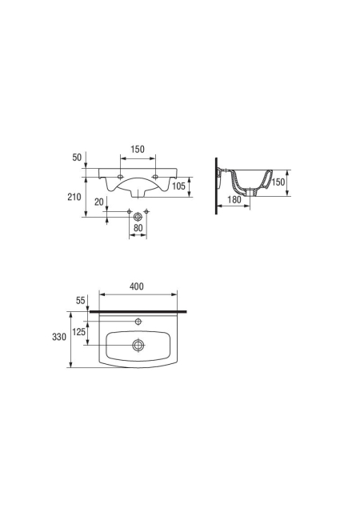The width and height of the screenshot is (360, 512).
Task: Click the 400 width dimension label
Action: (137, 286)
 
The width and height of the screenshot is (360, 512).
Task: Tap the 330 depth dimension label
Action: (59, 337)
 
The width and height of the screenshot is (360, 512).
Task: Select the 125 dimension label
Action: (78, 332)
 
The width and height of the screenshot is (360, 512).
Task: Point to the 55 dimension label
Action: (80, 301)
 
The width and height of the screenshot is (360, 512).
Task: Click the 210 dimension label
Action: (74, 197)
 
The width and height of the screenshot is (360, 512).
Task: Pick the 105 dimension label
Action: (178, 186)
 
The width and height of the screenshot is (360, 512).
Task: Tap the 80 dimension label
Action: (138, 227)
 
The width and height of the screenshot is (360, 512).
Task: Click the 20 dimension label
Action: (99, 202)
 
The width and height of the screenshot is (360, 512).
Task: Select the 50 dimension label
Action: (77, 158)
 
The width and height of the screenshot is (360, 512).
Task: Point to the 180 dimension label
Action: (234, 199)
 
